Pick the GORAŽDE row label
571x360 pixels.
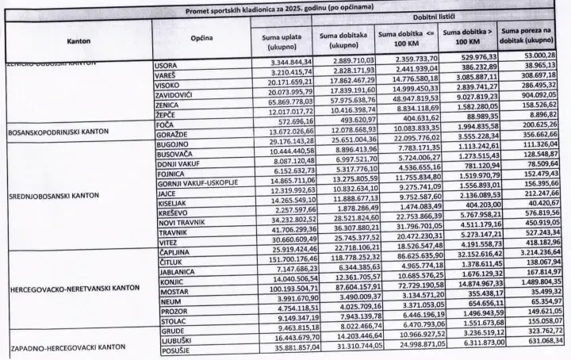[169, 137]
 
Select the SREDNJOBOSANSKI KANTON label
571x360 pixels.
[55, 193]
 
